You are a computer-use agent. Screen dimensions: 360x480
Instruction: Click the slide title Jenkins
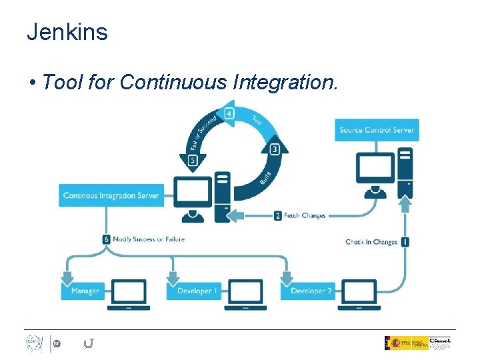67,32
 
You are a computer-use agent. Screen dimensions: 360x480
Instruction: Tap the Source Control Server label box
377,130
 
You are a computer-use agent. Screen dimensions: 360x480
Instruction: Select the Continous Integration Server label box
111,195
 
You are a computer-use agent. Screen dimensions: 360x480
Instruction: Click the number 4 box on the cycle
229,114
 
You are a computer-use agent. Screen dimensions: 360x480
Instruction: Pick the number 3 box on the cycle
274,149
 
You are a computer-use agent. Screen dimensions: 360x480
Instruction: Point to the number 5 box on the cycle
193,160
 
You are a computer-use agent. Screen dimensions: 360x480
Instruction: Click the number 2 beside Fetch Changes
278,215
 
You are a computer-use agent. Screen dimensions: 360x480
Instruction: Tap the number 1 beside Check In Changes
405,241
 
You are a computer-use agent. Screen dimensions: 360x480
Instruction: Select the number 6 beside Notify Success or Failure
107,239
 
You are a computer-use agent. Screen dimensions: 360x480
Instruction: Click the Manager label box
84,291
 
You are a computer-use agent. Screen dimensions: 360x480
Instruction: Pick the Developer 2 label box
311,291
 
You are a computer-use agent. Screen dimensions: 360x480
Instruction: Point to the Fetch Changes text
305,215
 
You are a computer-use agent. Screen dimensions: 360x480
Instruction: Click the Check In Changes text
371,242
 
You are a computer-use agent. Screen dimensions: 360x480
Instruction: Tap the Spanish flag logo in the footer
391,343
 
